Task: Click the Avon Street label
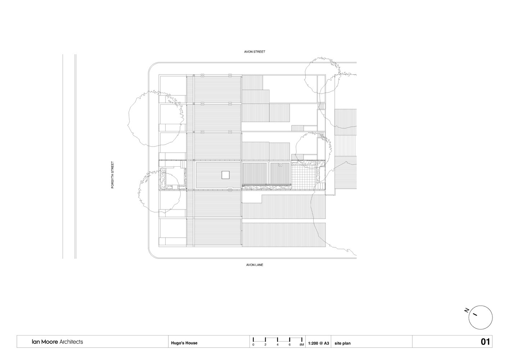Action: pyautogui.click(x=254, y=51)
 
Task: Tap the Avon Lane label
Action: pyautogui.click(x=254, y=265)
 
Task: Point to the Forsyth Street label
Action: pyautogui.click(x=112, y=175)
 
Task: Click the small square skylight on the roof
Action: pyautogui.click(x=226, y=175)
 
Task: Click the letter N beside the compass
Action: pyautogui.click(x=467, y=310)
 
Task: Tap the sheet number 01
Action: pyautogui.click(x=485, y=342)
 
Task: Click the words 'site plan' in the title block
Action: pyautogui.click(x=342, y=343)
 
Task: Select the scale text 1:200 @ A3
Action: pyautogui.click(x=318, y=343)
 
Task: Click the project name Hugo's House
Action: pyautogui.click(x=184, y=343)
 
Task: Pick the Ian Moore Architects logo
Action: pyautogui.click(x=57, y=342)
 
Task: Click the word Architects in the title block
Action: pyautogui.click(x=71, y=342)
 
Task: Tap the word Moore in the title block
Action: pyautogui.click(x=50, y=342)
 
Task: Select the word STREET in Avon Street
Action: pyautogui.click(x=259, y=51)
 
